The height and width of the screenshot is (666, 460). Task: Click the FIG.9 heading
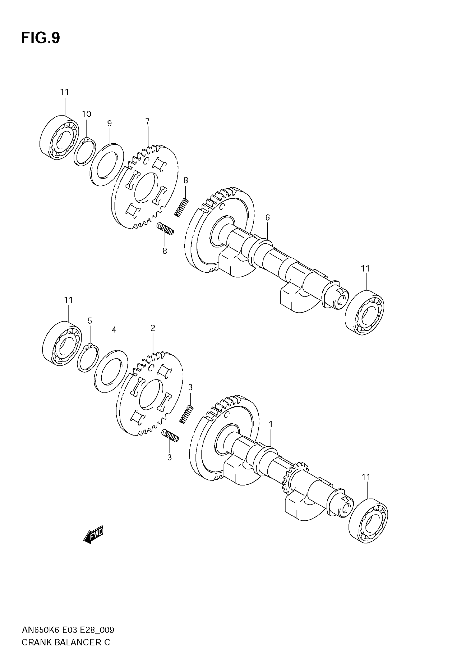41,38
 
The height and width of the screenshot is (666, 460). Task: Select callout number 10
87,114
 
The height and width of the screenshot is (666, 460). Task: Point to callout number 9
109,124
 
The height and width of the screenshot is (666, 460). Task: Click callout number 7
147,121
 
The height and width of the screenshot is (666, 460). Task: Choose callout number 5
90,321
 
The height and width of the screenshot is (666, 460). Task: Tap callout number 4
114,330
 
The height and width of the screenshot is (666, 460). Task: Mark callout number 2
153,328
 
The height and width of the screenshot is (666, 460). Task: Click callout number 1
271,424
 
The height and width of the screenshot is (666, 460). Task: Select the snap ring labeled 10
84,151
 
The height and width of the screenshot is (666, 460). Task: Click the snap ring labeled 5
88,358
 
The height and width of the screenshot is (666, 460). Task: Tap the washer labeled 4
111,371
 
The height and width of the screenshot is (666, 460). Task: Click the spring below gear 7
165,228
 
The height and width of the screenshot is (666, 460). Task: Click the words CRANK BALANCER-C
66,642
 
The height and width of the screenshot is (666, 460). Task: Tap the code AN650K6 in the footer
41,630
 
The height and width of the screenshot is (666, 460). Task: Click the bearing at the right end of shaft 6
364,312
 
